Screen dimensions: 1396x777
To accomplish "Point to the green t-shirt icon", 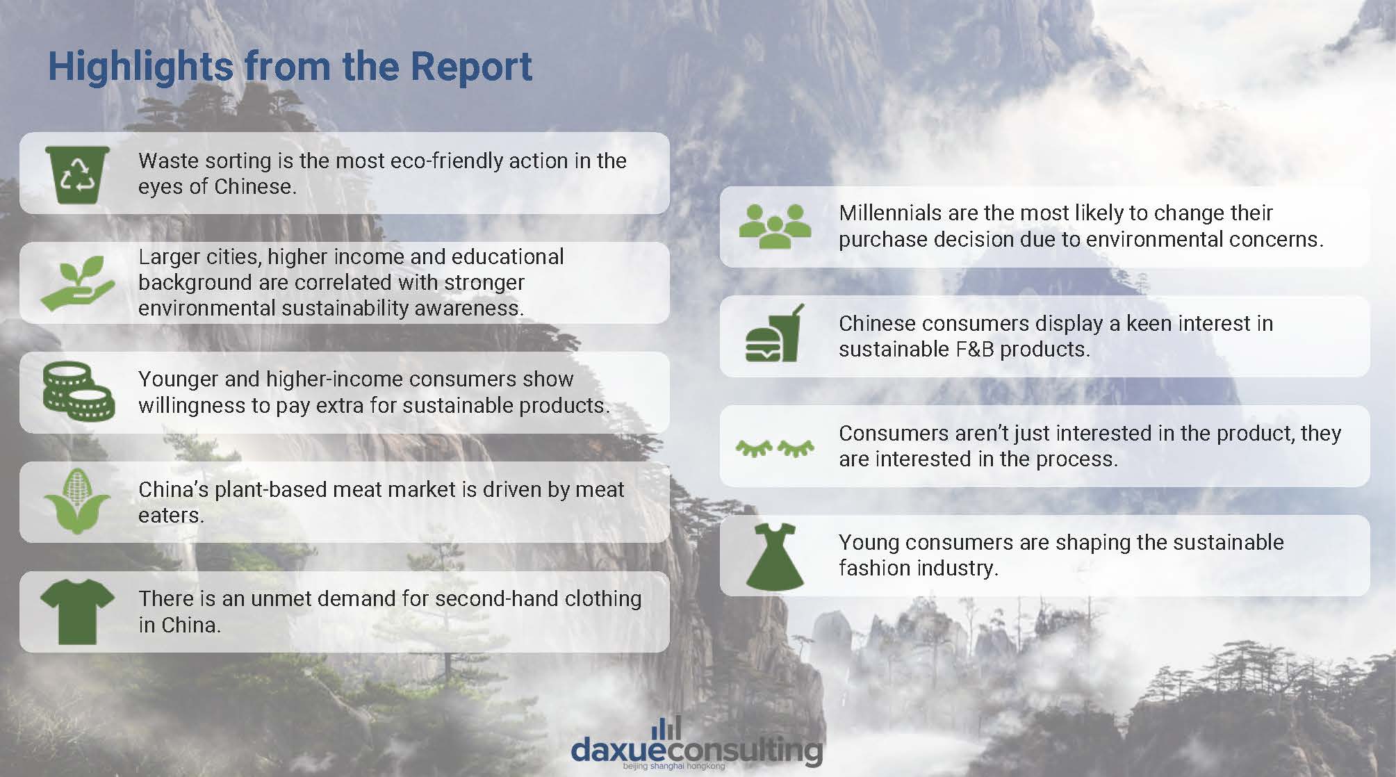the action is click(x=77, y=612).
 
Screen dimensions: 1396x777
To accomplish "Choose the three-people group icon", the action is click(x=775, y=227).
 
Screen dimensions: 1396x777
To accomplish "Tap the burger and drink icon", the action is click(x=775, y=333).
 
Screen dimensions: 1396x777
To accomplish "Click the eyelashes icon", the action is click(x=775, y=448).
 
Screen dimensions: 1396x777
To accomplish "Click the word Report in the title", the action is click(x=471, y=67).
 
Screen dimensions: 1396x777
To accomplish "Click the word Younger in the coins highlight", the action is click(x=179, y=379).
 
